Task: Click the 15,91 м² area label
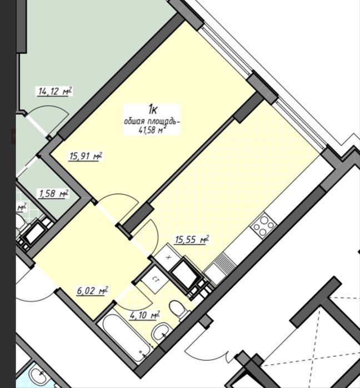(86, 157)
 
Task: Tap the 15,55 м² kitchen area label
(192, 240)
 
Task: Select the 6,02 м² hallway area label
(92, 291)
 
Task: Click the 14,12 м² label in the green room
(55, 91)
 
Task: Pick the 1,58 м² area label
(53, 194)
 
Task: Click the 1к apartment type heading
(153, 109)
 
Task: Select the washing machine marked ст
(155, 280)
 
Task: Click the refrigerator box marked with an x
(168, 258)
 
